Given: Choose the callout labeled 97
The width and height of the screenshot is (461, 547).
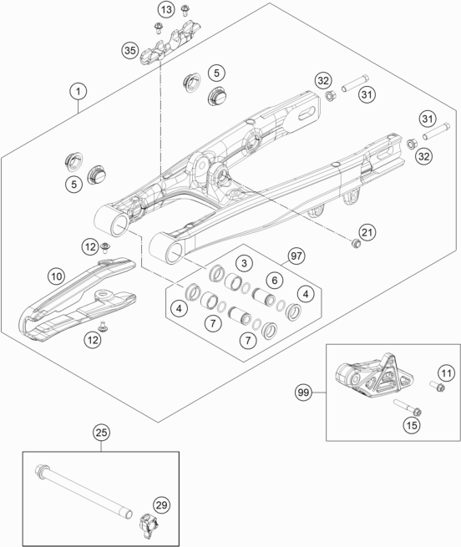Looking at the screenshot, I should [x=295, y=256].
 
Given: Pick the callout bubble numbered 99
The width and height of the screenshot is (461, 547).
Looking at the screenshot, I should [x=306, y=390].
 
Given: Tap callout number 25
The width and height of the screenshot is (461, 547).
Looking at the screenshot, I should [x=101, y=433].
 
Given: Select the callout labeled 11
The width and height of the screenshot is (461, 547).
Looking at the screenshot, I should [x=446, y=372].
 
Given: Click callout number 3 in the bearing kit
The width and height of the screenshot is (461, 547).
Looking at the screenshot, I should [x=242, y=264].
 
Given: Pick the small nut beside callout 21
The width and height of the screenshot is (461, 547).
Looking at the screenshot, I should [x=356, y=243].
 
